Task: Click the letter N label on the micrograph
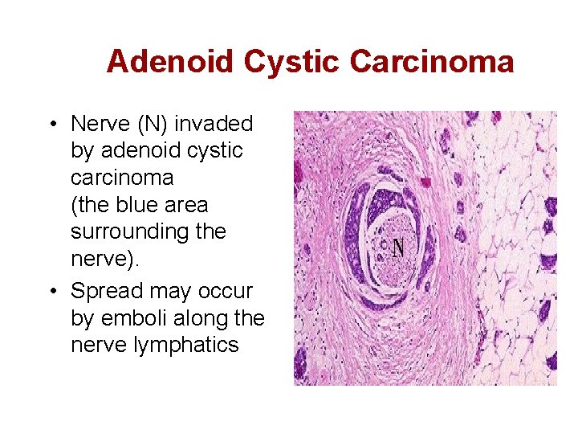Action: click(x=397, y=248)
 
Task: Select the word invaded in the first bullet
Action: click(x=214, y=124)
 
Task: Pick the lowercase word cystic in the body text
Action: click(x=216, y=151)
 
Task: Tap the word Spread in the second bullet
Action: click(x=104, y=291)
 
